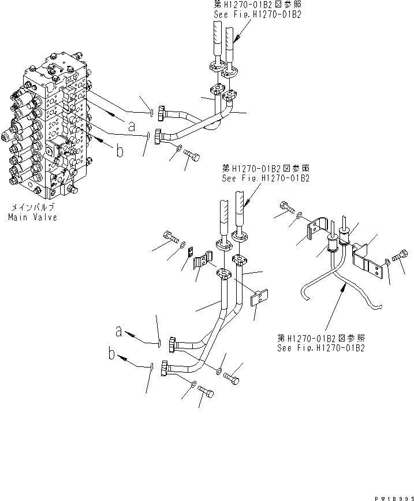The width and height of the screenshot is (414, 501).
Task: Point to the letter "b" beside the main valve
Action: click(x=119, y=151)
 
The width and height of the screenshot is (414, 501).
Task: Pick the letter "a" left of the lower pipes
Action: click(x=118, y=332)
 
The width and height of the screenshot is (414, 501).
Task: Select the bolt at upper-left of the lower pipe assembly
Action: click(x=171, y=237)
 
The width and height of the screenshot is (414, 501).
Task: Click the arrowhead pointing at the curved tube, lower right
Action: click(x=345, y=290)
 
